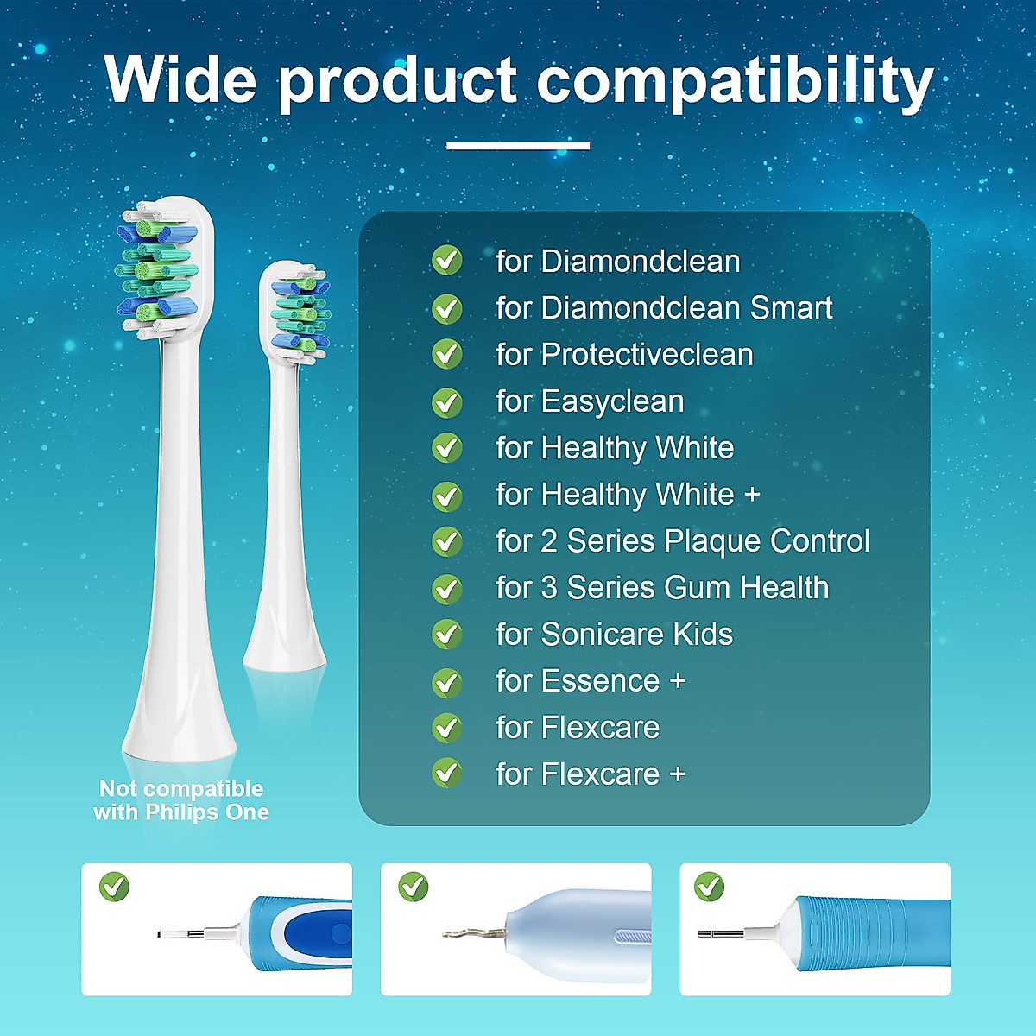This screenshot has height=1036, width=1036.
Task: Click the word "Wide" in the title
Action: pyautogui.click(x=180, y=79)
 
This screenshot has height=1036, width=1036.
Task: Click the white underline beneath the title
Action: pyautogui.click(x=518, y=145)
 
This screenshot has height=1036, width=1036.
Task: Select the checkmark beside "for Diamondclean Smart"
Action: pyautogui.click(x=446, y=308)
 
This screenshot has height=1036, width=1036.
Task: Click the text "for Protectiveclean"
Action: pyautogui.click(x=625, y=354)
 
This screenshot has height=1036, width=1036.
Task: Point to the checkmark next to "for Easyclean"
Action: pyautogui.click(x=446, y=402)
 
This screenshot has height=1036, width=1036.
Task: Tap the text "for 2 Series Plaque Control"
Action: pyautogui.click(x=683, y=540)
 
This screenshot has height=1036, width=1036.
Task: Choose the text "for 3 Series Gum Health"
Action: pyautogui.click(x=662, y=587)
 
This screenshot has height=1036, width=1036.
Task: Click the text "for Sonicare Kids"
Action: pyautogui.click(x=615, y=634)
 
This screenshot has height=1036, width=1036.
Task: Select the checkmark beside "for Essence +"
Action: pyautogui.click(x=446, y=682)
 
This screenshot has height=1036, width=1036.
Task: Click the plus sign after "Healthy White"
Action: pyautogui.click(x=752, y=495)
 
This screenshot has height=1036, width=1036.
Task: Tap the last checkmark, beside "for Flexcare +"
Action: pyautogui.click(x=446, y=773)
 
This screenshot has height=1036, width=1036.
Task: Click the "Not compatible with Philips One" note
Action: pyautogui.click(x=181, y=800)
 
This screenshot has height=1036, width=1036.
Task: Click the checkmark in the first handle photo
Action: pyautogui.click(x=115, y=887)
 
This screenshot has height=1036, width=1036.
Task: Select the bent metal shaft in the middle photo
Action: pyautogui.click(x=473, y=933)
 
